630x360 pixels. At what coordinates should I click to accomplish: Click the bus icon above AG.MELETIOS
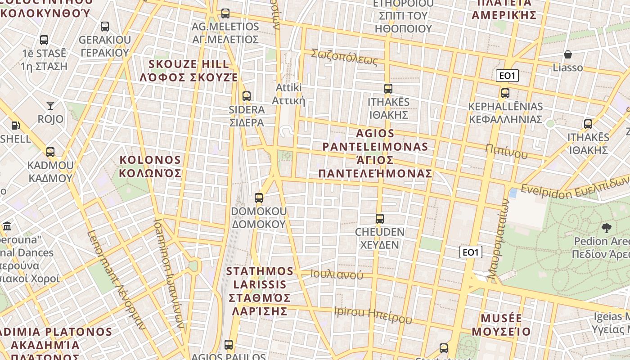(x=225, y=13)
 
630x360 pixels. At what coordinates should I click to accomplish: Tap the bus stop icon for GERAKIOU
(x=105, y=27)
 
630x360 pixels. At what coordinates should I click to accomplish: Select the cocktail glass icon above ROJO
(x=50, y=106)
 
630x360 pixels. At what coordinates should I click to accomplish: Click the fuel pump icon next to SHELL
(x=16, y=126)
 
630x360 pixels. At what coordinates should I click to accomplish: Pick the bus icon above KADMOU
(x=50, y=152)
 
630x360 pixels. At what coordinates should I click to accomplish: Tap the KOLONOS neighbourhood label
(x=150, y=166)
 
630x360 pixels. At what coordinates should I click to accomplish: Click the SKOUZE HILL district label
(x=189, y=70)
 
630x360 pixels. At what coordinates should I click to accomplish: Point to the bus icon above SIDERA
(x=247, y=96)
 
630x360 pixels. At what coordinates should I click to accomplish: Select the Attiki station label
(x=288, y=94)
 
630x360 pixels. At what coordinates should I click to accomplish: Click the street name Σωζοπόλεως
(x=344, y=57)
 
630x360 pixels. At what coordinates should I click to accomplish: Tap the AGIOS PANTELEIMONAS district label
(x=375, y=153)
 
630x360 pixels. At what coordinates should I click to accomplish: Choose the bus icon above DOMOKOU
(x=259, y=198)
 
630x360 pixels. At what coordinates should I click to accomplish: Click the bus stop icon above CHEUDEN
(x=380, y=219)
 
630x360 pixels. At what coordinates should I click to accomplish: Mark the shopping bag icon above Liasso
(x=568, y=55)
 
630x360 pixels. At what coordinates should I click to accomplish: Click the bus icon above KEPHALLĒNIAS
(x=505, y=94)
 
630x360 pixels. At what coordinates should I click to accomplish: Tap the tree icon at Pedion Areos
(x=607, y=228)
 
